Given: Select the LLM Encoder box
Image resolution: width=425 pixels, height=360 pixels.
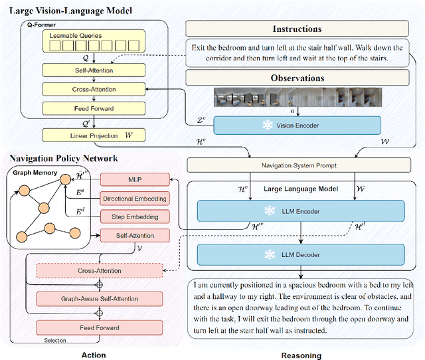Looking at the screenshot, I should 301,211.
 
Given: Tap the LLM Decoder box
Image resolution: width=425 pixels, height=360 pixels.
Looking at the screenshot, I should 301,254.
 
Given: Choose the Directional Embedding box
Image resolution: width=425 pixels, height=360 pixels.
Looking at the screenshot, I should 135,199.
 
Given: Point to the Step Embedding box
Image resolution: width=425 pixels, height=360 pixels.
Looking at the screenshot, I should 135,217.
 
